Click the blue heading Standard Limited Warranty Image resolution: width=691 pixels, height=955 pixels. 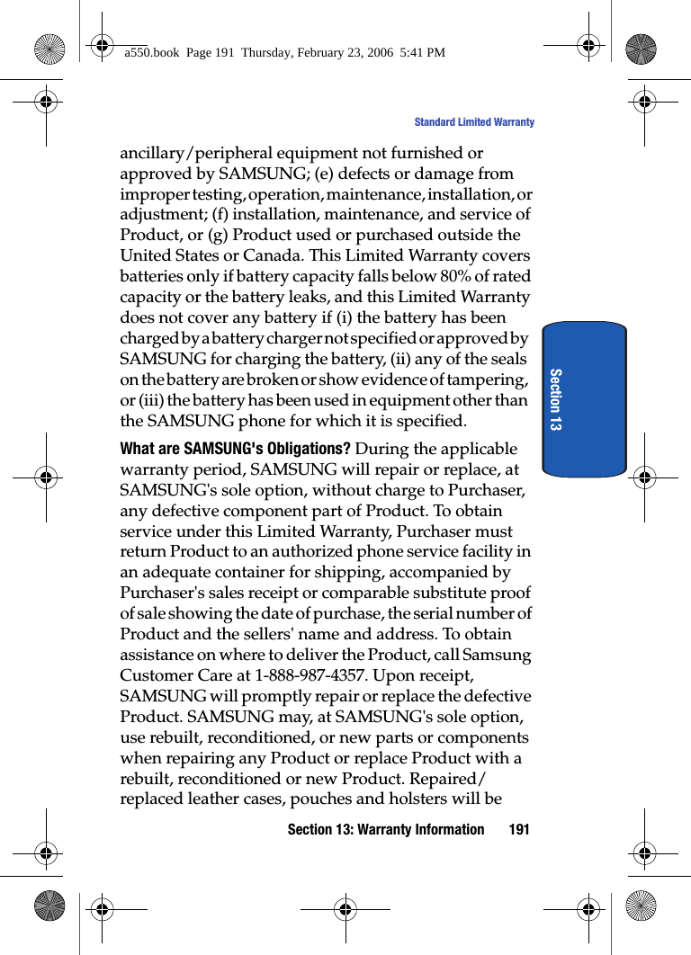click(x=473, y=122)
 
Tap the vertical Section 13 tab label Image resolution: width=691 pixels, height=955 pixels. click(x=555, y=398)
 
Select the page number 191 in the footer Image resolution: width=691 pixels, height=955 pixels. click(x=519, y=829)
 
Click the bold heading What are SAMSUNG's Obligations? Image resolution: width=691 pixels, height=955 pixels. click(x=236, y=449)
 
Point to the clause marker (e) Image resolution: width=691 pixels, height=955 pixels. click(x=328, y=174)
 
